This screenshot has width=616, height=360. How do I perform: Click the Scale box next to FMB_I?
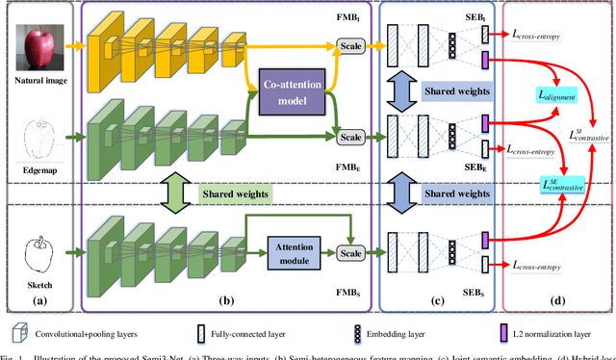coord(349,46)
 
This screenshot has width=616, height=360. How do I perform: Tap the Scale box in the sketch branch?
coord(349,254)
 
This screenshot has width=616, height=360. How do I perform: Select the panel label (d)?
coord(555,298)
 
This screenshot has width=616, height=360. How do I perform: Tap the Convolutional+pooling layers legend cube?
coord(16,332)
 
